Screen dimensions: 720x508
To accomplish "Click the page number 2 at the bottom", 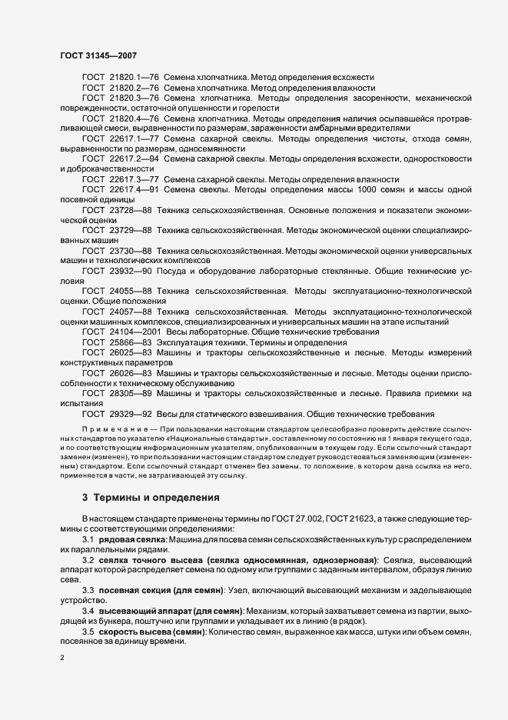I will point(61,658).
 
